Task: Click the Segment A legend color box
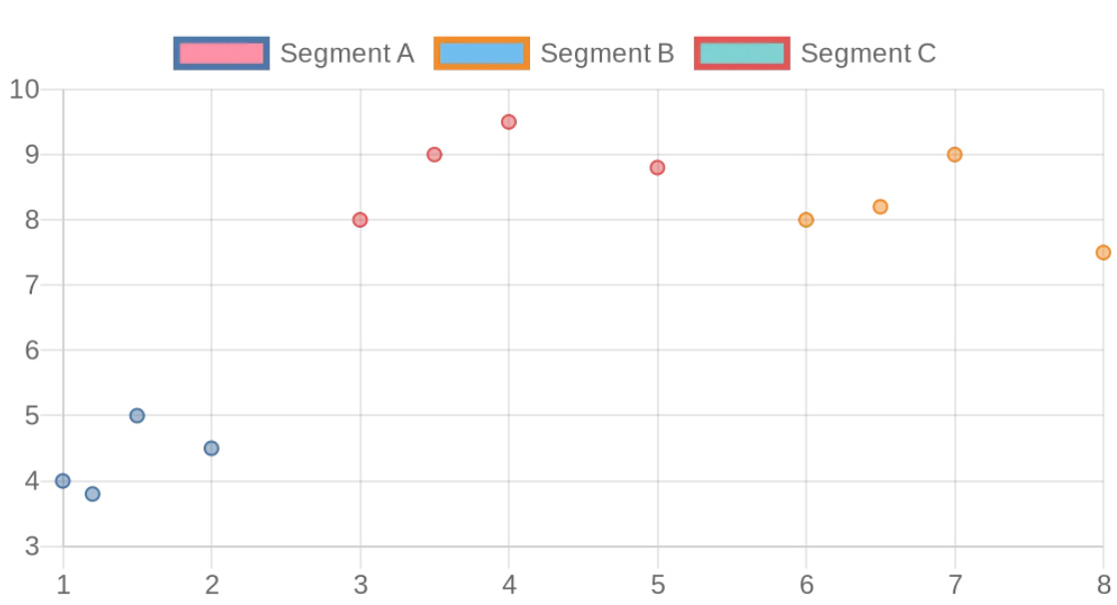221,53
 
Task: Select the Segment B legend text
607,53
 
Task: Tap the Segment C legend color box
742,53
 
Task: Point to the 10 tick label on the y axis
24,90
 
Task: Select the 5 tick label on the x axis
657,585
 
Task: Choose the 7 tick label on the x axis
954,585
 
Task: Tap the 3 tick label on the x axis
360,585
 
